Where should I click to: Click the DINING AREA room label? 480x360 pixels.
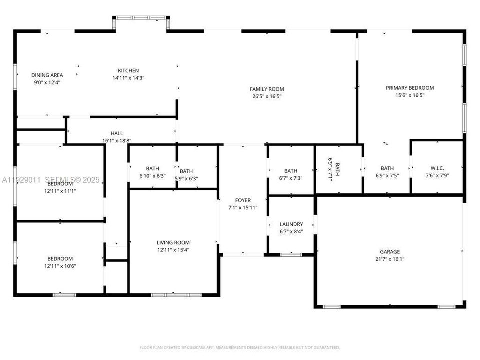tap(47, 75)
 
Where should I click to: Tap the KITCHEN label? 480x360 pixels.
tap(128, 70)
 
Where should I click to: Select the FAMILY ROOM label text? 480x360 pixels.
tap(267, 89)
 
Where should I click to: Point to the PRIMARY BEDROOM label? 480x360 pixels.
tap(410, 88)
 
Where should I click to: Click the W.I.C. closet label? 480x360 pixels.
tap(437, 168)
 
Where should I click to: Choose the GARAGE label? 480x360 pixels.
tap(389, 252)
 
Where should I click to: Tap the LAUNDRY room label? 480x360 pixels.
tap(291, 224)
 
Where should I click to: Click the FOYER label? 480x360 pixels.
tap(243, 200)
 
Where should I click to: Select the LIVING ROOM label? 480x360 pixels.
tap(173, 242)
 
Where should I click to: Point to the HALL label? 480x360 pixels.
tap(116, 133)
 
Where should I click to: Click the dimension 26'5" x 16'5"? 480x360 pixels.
tap(267, 96)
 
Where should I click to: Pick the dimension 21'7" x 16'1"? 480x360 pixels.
tap(389, 259)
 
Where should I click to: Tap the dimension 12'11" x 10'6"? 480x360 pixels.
tap(60, 266)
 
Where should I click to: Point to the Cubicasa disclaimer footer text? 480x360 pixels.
tap(239, 347)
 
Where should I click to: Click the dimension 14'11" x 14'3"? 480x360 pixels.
tap(128, 78)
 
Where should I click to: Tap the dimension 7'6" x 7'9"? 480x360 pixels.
tap(437, 176)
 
